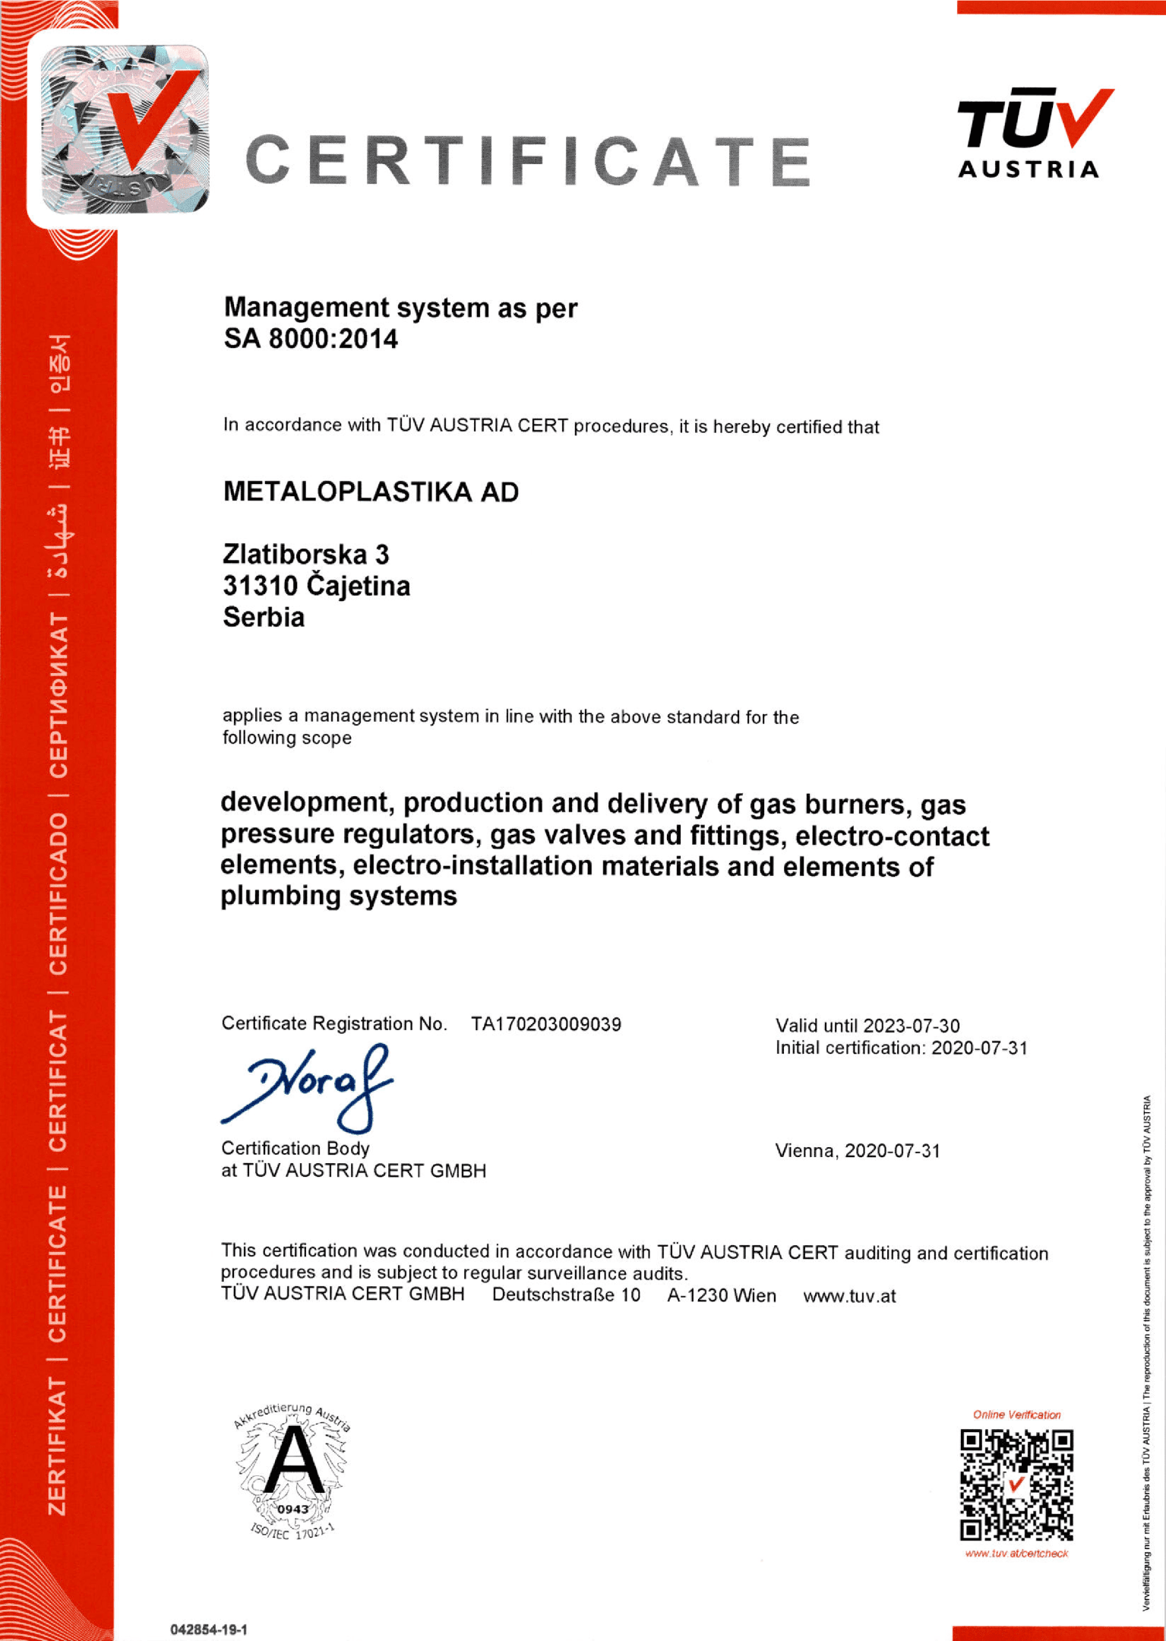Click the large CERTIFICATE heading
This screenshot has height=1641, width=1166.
[529, 161]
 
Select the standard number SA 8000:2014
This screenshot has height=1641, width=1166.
[311, 339]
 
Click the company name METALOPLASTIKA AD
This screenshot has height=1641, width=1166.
[371, 492]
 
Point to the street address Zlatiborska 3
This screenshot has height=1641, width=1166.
[305, 555]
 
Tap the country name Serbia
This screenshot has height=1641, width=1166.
[264, 617]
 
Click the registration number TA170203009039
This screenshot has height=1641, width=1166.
[546, 1024]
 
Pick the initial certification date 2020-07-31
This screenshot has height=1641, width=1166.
[979, 1048]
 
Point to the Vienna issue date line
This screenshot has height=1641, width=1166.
[858, 1151]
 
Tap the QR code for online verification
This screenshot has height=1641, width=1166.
[1016, 1485]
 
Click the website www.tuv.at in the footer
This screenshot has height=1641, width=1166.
[849, 1296]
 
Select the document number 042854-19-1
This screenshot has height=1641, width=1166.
[209, 1630]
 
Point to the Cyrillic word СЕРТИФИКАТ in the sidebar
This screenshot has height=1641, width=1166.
[58, 694]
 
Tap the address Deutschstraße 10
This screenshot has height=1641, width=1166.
[566, 1295]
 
